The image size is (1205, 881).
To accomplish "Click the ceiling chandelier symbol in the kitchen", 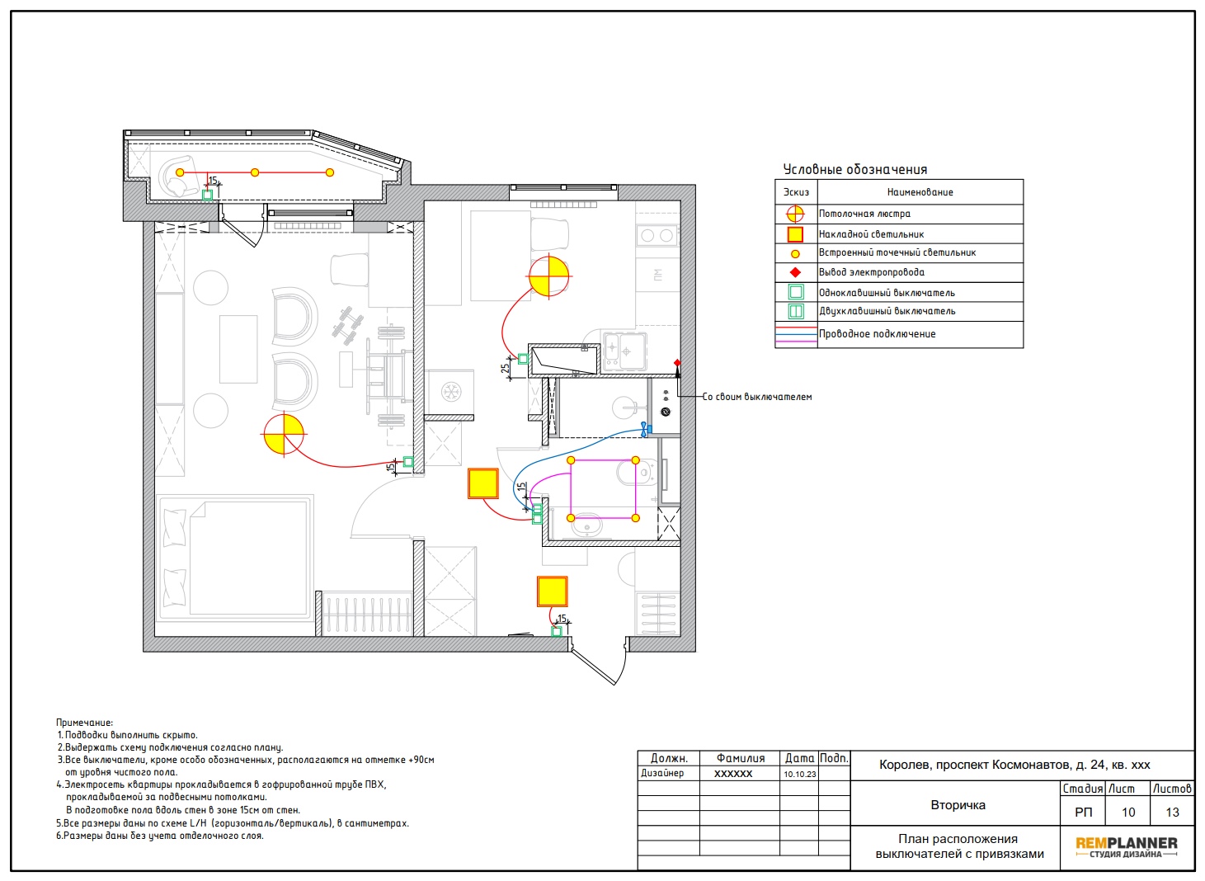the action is pos(548,276).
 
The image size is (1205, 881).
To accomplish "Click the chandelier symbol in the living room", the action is pos(284,434).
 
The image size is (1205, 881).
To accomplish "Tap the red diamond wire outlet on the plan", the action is pos(677,363).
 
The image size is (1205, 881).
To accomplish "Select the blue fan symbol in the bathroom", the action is pos(644,429).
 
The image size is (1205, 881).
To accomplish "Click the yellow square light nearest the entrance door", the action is pos(552,591).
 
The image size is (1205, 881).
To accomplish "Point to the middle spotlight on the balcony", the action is pos(255,172).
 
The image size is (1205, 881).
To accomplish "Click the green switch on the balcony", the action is pos(207,195).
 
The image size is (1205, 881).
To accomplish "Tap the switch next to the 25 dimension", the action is pos(522,359).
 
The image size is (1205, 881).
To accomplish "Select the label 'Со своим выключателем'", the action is pos(757,397).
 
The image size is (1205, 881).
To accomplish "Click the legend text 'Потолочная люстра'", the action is pos(864,214).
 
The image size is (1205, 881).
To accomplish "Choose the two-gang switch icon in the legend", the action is pos(796,311).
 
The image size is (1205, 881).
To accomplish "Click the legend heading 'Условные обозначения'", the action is pos(854,170).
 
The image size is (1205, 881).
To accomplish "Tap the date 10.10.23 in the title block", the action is pos(799,774).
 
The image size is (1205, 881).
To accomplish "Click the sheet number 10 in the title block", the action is pos(1128,812).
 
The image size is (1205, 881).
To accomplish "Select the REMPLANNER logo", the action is pos(1127,847).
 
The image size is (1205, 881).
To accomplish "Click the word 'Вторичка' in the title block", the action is pos(958,805).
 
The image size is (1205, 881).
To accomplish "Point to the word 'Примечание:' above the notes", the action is pos(84,723).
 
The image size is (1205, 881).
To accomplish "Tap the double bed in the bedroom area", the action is pos(234,558).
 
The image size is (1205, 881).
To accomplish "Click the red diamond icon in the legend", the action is pos(795,272).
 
